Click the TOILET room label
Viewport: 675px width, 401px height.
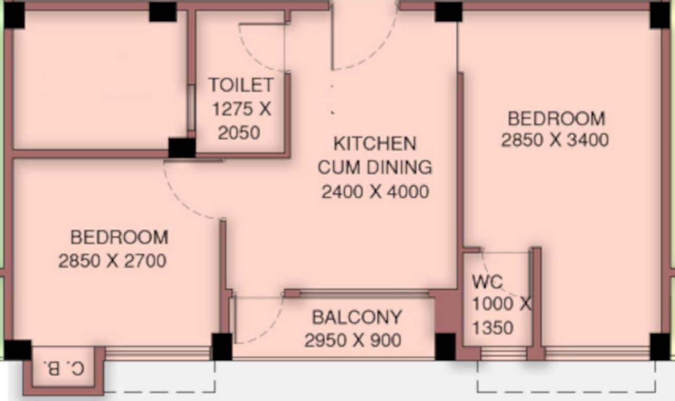240,85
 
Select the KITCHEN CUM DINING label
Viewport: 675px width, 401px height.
375,155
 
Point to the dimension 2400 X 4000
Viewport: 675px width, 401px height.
375,192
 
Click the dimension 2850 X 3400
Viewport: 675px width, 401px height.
555,140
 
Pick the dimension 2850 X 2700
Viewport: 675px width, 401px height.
112,261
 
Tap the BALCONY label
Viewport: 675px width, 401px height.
357,317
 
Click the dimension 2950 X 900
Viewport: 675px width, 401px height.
353,340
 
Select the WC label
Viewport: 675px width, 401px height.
487,282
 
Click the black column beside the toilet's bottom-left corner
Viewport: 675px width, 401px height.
182,148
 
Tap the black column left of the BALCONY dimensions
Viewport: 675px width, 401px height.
222,346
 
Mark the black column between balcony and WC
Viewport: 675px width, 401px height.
445,347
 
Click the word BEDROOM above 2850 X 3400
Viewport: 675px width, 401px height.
556,119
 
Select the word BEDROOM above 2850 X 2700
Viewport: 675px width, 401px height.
119,238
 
